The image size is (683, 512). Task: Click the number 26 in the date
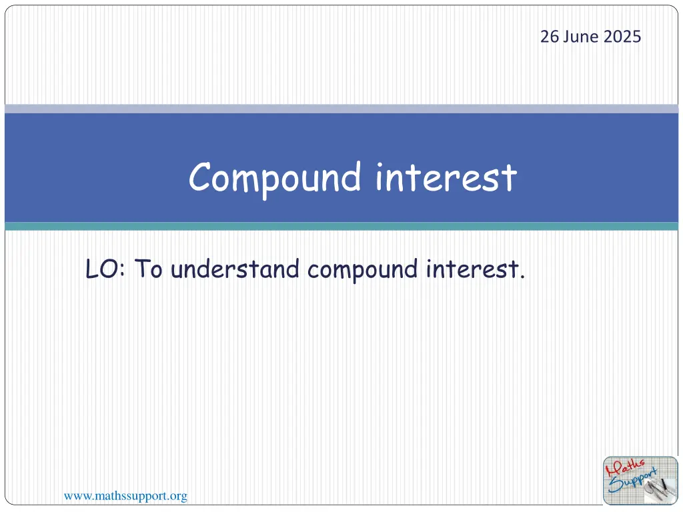pos(550,37)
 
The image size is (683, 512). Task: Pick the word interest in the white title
pos(446,177)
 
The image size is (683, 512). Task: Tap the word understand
pos(235,269)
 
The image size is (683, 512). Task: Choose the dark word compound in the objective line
pos(362,271)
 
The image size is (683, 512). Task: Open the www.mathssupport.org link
pos(125,496)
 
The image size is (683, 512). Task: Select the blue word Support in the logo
pos(632,481)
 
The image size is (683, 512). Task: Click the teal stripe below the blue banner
pos(341,227)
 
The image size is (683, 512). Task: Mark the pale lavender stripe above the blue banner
pos(341,109)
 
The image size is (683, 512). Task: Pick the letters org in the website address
pos(179,497)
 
